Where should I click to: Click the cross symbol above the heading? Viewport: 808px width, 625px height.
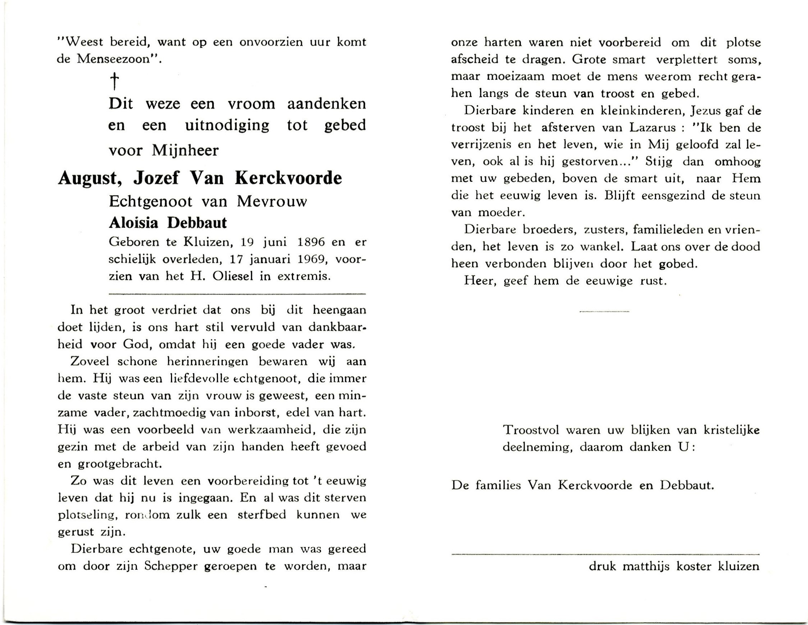(115, 81)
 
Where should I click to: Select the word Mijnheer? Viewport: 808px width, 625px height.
(185, 150)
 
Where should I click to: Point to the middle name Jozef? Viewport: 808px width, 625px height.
(156, 179)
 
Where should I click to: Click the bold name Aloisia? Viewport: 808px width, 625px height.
(134, 223)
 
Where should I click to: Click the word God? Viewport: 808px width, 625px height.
(135, 344)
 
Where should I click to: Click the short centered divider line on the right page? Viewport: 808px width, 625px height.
(604, 311)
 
